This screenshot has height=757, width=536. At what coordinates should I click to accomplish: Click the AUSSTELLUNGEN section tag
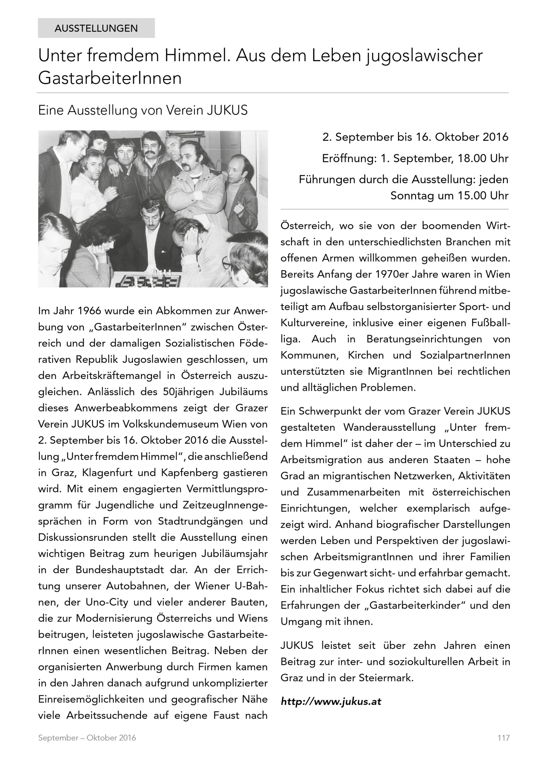pos(96,28)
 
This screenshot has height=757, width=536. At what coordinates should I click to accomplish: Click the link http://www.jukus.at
pos(331,701)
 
